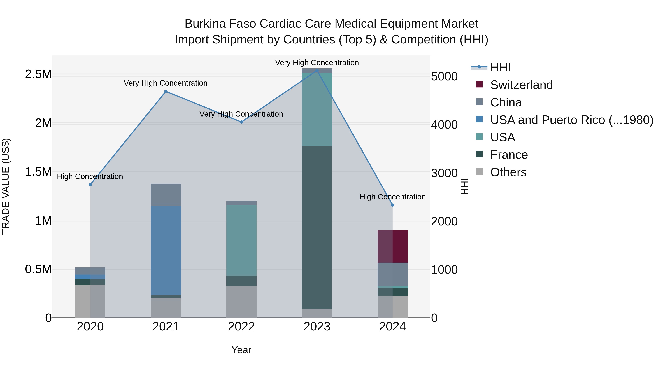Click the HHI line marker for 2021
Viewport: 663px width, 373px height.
point(166,91)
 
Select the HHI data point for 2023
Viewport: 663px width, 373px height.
point(317,71)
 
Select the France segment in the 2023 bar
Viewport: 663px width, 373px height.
point(317,227)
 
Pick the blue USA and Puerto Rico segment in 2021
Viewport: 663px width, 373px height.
point(166,251)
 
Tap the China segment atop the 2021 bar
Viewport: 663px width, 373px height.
point(166,195)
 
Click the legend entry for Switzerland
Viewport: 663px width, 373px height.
point(521,85)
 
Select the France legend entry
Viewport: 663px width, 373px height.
point(509,155)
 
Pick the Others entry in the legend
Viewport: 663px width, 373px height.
point(508,172)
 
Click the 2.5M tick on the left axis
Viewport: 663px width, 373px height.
point(38,74)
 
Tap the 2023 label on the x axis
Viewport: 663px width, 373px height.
point(317,327)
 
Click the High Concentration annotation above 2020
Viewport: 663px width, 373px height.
point(90,177)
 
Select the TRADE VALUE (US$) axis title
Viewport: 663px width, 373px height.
point(6,186)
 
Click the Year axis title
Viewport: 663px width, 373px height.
point(241,350)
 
